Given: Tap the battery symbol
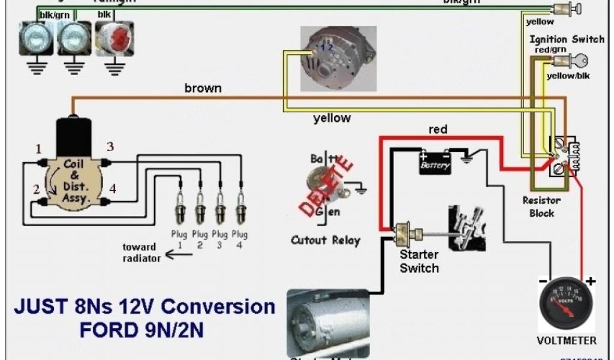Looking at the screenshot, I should (x=435, y=162).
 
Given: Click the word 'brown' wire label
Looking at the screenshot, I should (x=203, y=88).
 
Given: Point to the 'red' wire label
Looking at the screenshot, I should (x=438, y=130).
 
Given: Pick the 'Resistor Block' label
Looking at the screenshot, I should (x=541, y=206).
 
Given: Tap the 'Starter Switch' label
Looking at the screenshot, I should (x=420, y=261).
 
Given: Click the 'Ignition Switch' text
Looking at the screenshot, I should (x=567, y=39).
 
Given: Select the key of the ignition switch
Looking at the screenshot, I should (x=579, y=61).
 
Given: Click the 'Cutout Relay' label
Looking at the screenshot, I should (x=325, y=240).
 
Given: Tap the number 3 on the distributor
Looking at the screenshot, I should (x=110, y=146).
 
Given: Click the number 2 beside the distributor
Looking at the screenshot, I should (x=36, y=190).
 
